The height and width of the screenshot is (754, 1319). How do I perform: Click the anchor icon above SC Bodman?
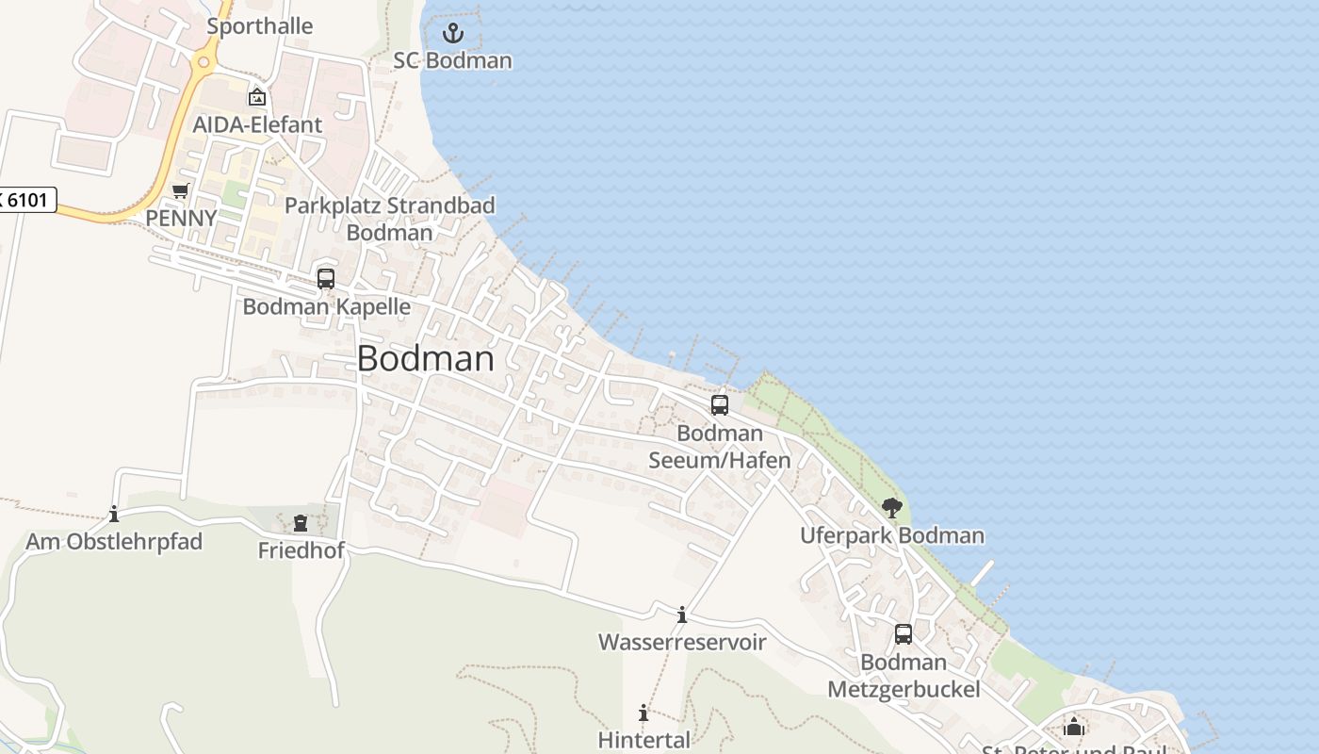tap(453, 33)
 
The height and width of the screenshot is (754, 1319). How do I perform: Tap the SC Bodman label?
tap(453, 60)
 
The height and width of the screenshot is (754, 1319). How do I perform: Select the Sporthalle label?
tap(259, 26)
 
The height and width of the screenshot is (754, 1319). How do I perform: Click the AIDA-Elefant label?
tap(257, 124)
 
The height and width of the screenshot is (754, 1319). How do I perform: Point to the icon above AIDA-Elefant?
tap(256, 96)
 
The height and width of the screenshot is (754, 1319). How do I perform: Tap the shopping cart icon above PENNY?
tap(180, 191)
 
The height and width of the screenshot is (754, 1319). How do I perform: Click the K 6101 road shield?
tap(27, 200)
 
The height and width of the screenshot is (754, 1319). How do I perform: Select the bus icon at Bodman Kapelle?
tap(326, 279)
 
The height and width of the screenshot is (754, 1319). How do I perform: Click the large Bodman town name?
tap(426, 359)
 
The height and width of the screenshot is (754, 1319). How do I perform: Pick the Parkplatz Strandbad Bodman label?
tap(390, 219)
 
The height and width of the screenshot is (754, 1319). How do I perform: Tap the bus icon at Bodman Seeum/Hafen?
tap(720, 405)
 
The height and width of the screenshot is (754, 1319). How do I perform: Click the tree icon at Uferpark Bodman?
tap(892, 509)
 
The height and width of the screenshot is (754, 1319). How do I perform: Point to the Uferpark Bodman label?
tap(892, 536)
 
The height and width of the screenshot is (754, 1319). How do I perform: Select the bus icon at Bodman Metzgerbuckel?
tap(904, 634)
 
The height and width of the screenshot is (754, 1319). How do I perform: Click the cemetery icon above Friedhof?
tap(301, 523)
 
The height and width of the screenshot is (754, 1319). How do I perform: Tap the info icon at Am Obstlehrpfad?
tap(114, 515)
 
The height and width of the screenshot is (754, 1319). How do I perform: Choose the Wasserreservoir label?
tap(682, 643)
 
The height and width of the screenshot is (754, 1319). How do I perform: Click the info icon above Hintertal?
tap(643, 713)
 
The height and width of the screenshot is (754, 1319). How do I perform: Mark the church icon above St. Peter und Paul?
tap(1073, 727)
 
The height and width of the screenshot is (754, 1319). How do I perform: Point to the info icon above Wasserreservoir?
tap(682, 615)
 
